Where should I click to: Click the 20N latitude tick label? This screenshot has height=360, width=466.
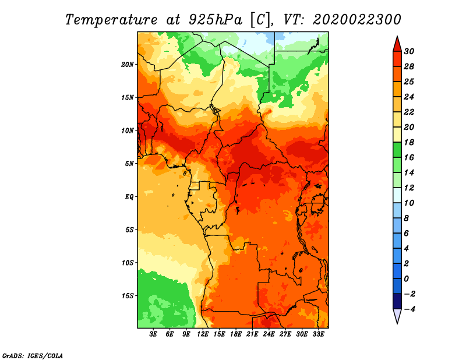[128, 65]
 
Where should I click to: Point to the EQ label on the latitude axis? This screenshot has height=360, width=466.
[129, 197]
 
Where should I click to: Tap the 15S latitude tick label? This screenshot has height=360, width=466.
[128, 296]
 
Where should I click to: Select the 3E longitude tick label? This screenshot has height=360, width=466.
[153, 334]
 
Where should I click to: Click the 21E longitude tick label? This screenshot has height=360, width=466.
[252, 334]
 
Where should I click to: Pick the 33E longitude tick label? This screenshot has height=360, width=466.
[318, 334]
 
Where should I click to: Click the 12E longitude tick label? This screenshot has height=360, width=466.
[203, 334]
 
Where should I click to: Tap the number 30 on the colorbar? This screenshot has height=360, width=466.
[409, 52]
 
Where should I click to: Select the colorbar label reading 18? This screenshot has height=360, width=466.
[409, 143]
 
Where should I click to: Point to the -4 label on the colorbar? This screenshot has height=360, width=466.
[409, 309]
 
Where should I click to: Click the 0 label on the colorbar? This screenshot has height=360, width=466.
[407, 279]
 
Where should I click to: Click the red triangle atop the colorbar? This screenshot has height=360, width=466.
[397, 44]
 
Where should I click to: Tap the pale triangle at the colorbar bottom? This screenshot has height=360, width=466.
[397, 316]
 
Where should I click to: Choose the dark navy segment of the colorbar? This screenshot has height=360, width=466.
[397, 301]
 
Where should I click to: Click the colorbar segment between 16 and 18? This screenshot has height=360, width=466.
[397, 150]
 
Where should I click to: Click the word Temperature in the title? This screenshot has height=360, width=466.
[111, 20]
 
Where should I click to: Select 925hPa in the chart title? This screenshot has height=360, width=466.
[215, 20]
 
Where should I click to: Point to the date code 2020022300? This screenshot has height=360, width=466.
[357, 20]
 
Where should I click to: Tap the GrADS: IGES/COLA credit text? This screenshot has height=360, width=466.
[33, 356]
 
